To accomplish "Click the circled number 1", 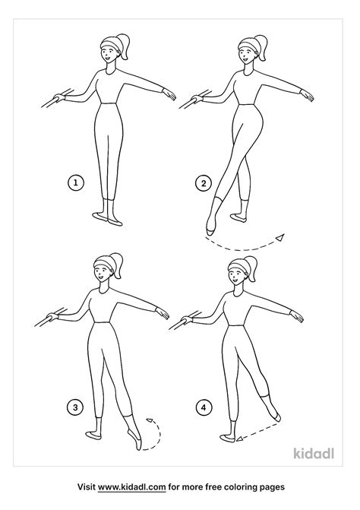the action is (76, 182).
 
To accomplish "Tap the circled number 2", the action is (204, 183).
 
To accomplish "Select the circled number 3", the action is (75, 407).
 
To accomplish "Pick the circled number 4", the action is (204, 407).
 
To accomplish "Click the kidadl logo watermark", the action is (314, 453).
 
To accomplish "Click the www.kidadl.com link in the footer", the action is (132, 487).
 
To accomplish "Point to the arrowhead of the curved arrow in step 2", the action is (280, 238).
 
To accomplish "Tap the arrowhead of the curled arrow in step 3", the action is (150, 420).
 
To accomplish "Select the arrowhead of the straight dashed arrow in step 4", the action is (239, 439).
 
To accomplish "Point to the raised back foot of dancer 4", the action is (275, 415).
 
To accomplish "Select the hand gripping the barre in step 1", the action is (59, 97).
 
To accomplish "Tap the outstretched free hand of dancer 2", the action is (307, 95).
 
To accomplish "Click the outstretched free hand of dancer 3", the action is (163, 313).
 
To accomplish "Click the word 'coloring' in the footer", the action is (238, 487).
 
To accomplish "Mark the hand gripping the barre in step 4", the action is (187, 320).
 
